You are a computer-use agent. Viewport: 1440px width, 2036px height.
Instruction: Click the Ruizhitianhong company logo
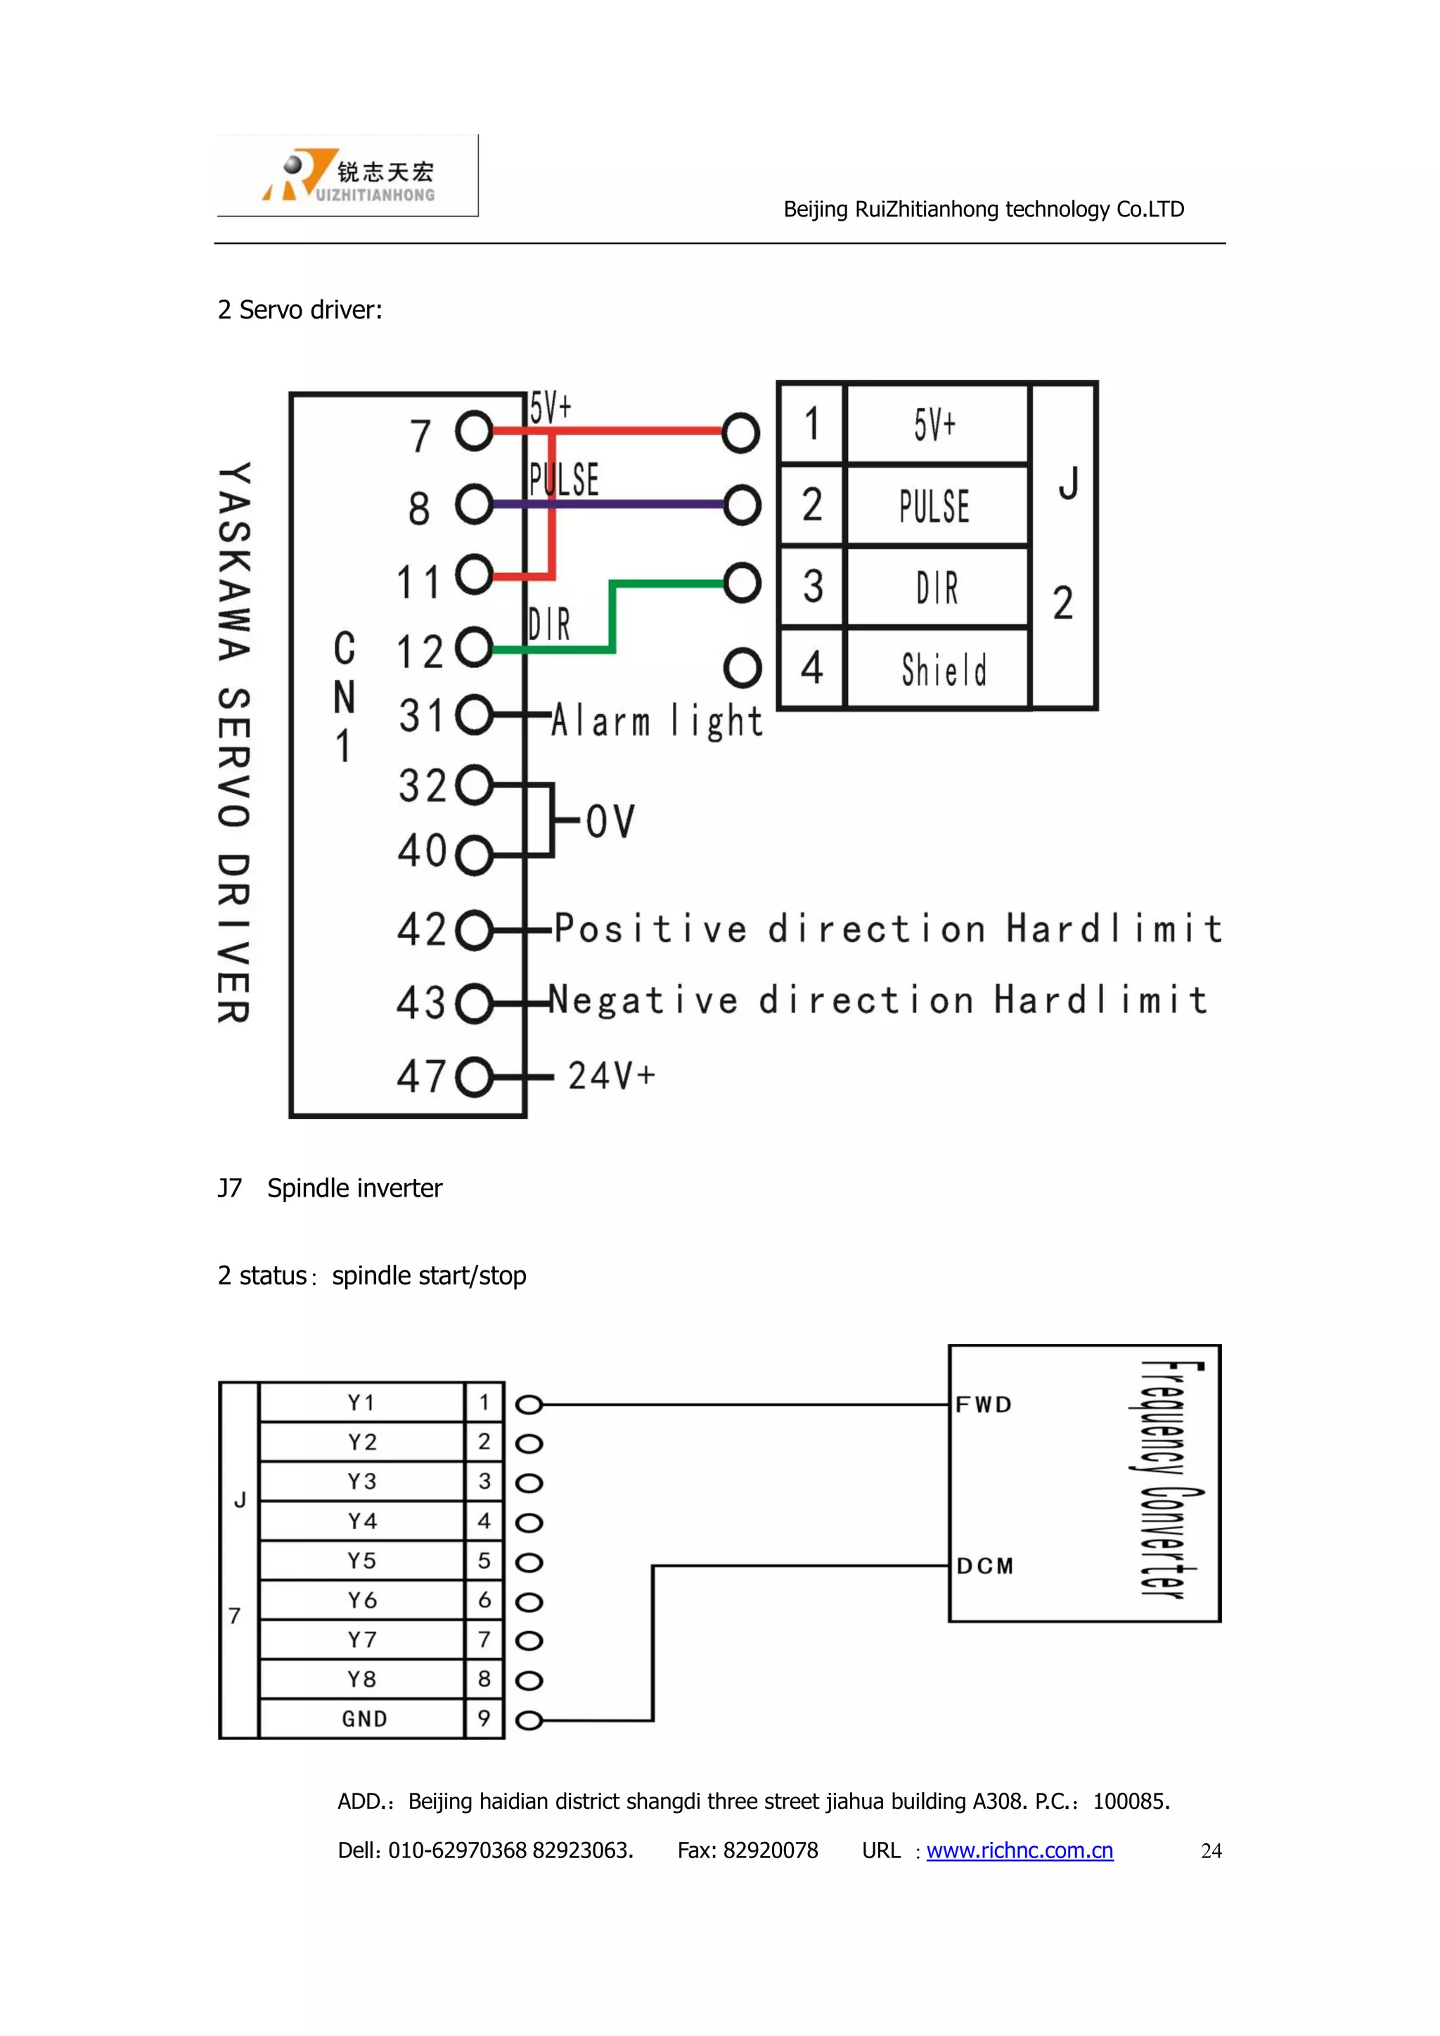(x=347, y=176)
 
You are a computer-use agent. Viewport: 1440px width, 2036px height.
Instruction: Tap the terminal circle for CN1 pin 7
(x=475, y=432)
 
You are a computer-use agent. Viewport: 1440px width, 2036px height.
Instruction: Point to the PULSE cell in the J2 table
(x=935, y=505)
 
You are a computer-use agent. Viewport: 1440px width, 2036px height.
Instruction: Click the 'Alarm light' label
(x=656, y=721)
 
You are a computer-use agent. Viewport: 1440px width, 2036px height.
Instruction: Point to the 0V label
(x=610, y=821)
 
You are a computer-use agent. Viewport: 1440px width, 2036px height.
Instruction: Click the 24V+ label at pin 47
(x=611, y=1076)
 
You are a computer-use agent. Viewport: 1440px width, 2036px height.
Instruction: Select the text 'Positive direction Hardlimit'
(x=887, y=929)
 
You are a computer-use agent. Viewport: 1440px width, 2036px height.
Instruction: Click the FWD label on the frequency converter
(x=984, y=1405)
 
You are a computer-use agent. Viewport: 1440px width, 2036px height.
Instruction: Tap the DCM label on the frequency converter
(x=984, y=1566)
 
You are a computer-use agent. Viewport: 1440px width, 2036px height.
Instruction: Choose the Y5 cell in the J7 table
(x=362, y=1561)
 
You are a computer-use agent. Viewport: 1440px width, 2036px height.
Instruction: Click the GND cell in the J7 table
(x=364, y=1718)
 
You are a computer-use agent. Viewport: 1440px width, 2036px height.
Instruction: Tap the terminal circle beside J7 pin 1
(x=529, y=1405)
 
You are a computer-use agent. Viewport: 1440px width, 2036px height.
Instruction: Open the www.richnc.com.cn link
(x=1020, y=1850)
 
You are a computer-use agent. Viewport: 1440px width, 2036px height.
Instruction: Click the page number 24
(x=1210, y=1850)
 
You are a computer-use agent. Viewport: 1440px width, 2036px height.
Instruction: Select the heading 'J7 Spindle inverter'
(x=330, y=1188)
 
